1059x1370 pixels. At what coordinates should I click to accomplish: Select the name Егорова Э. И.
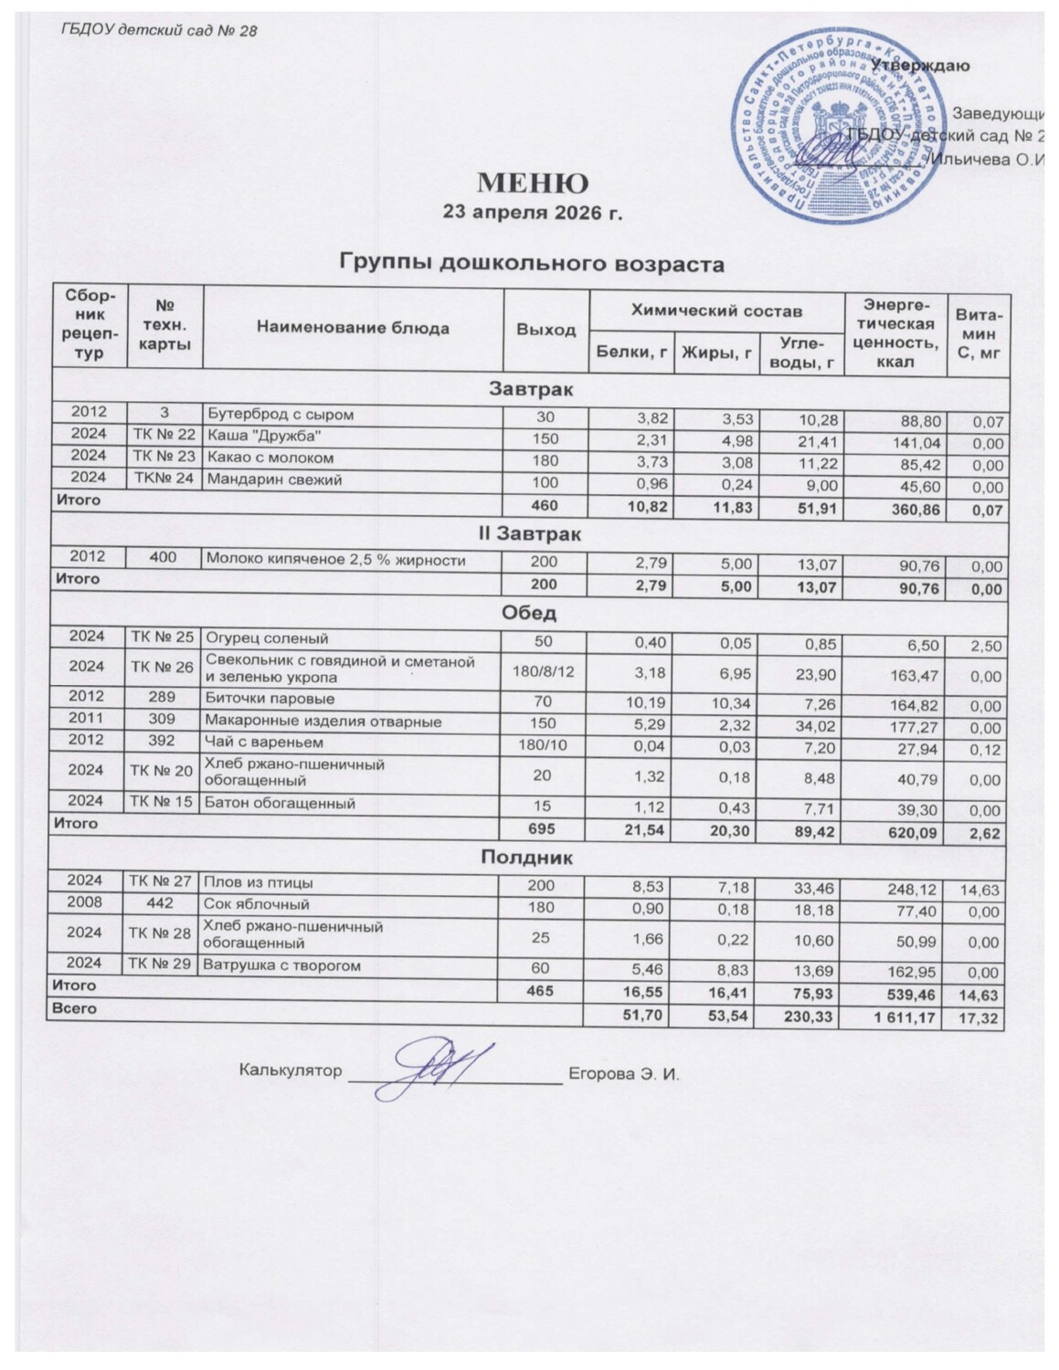click(625, 1071)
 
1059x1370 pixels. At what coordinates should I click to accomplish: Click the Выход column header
click(546, 329)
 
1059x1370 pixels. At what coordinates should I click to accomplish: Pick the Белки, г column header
click(630, 353)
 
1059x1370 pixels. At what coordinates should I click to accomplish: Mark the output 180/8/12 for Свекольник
click(546, 670)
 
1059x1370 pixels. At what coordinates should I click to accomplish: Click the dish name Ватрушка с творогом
click(282, 965)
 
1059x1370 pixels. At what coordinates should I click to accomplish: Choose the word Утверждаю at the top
click(920, 66)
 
